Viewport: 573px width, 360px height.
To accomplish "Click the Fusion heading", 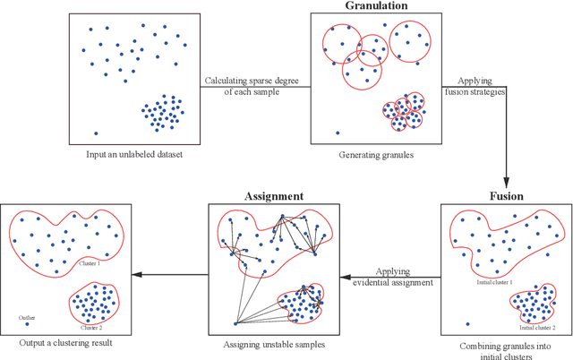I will [x=506, y=195].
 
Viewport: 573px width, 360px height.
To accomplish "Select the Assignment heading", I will [x=274, y=195].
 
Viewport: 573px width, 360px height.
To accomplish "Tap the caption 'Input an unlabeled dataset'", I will [x=134, y=155].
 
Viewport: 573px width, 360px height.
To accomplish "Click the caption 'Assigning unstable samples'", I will [x=274, y=344].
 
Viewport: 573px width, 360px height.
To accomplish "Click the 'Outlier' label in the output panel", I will [x=26, y=316].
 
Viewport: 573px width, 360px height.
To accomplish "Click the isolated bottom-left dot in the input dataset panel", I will [x=96, y=133].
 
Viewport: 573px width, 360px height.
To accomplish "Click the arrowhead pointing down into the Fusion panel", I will [x=506, y=181].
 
